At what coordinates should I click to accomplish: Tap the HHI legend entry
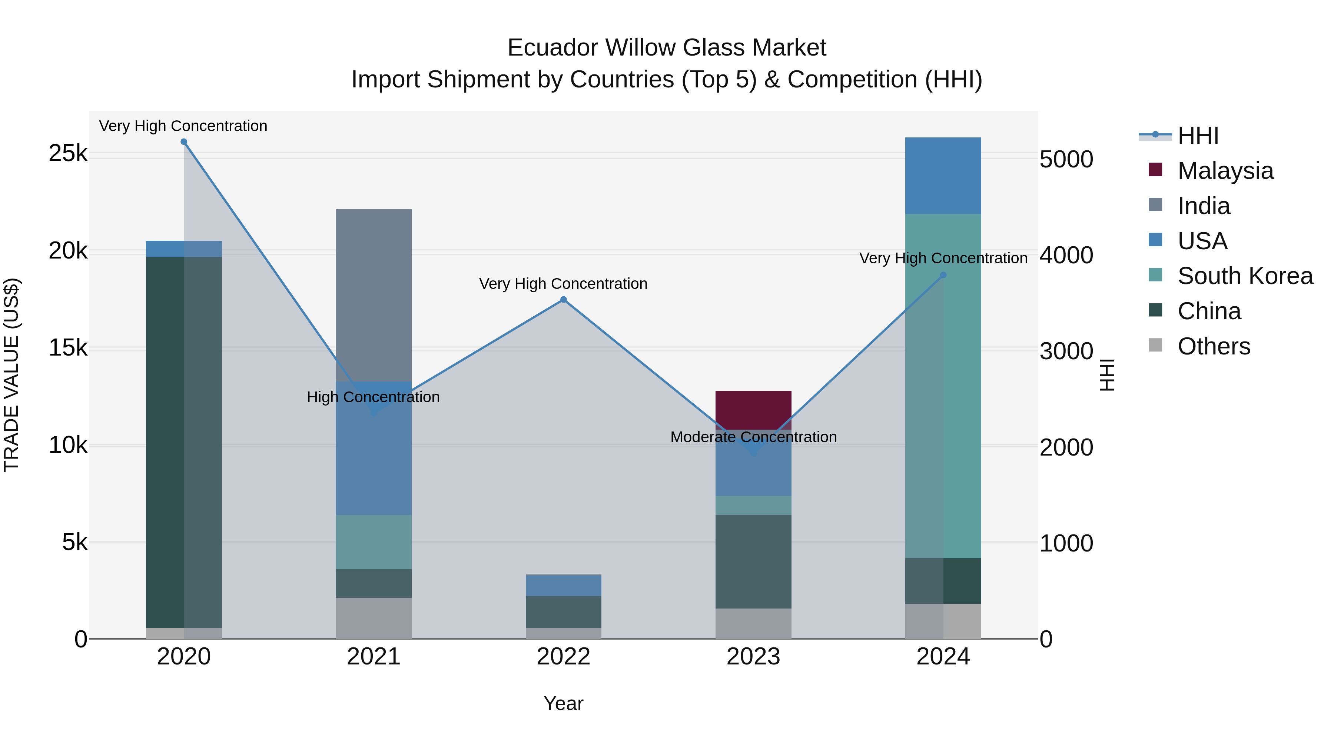1197,136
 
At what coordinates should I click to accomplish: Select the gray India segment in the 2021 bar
374,295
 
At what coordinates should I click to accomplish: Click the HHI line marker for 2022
563,300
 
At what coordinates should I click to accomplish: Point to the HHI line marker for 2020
183,142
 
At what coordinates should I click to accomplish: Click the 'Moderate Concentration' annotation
753,437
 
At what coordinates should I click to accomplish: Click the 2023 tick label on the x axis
753,657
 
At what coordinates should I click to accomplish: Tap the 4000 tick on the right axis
1066,255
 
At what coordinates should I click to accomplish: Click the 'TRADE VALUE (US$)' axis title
11,375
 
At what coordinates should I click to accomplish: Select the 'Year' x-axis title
563,703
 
